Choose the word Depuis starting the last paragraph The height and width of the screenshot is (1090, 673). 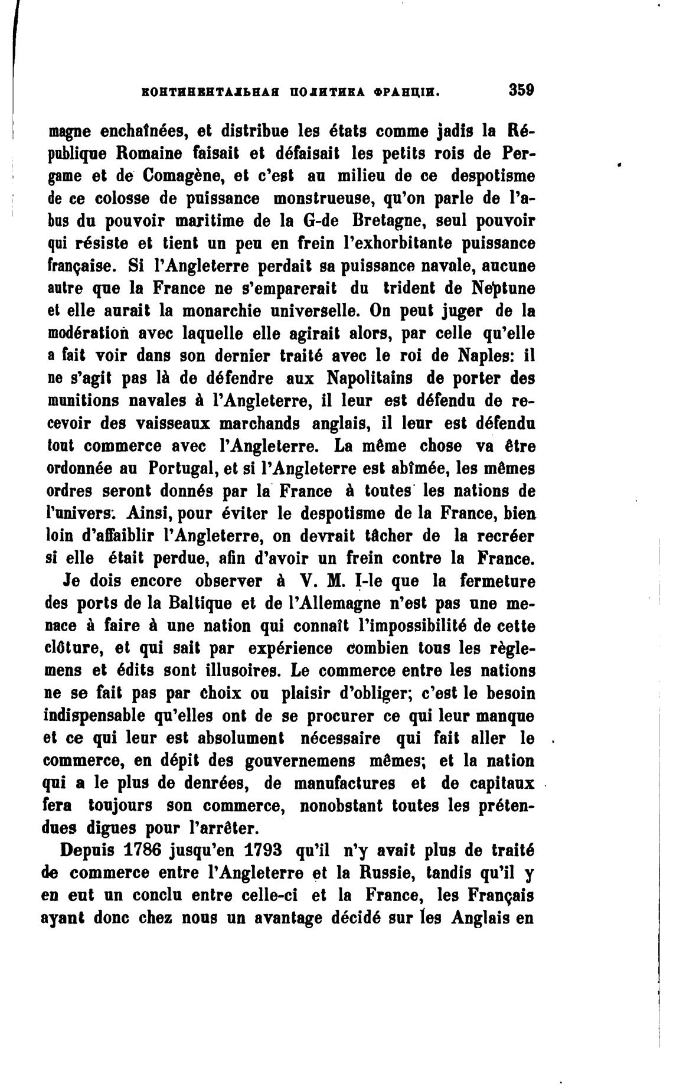[x=87, y=851]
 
